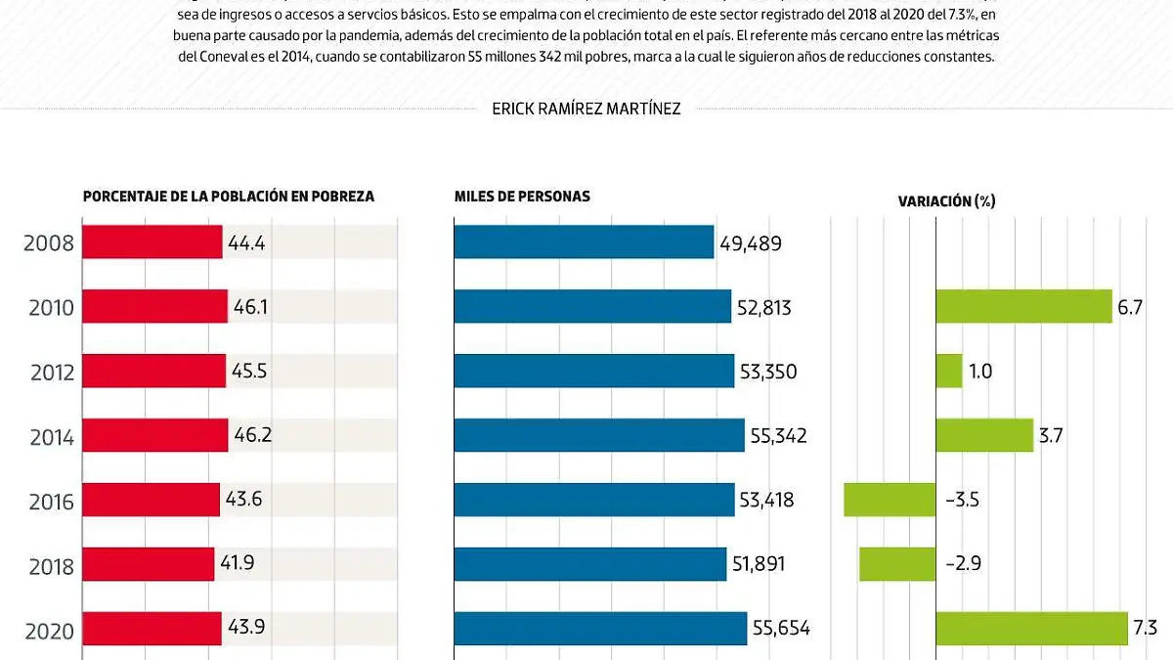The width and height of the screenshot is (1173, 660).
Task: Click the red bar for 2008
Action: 152,242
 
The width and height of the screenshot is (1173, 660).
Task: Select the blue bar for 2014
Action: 598,435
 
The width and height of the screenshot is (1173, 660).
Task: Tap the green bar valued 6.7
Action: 1022,307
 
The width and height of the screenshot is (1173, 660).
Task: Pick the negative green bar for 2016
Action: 889,500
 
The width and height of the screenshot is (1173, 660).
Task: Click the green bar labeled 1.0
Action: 948,372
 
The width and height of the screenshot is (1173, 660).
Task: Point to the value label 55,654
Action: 781,629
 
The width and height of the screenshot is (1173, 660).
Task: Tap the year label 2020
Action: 48,631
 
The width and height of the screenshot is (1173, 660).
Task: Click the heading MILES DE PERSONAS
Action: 522,197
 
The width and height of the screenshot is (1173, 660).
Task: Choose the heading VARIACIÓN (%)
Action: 946,201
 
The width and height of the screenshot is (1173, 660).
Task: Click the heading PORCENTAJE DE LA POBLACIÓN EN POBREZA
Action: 229,197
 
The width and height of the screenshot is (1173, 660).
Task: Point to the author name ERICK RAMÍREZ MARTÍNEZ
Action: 586,109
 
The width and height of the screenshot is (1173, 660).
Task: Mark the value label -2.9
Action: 963,564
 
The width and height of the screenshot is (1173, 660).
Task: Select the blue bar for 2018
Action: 589,564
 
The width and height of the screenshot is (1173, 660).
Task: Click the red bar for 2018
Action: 148,564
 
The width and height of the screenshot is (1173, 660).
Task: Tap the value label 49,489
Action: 751,243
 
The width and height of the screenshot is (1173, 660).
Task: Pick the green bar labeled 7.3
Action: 1031,629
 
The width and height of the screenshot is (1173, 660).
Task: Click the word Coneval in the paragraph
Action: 230,57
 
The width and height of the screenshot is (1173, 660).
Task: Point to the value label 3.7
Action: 1051,436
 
